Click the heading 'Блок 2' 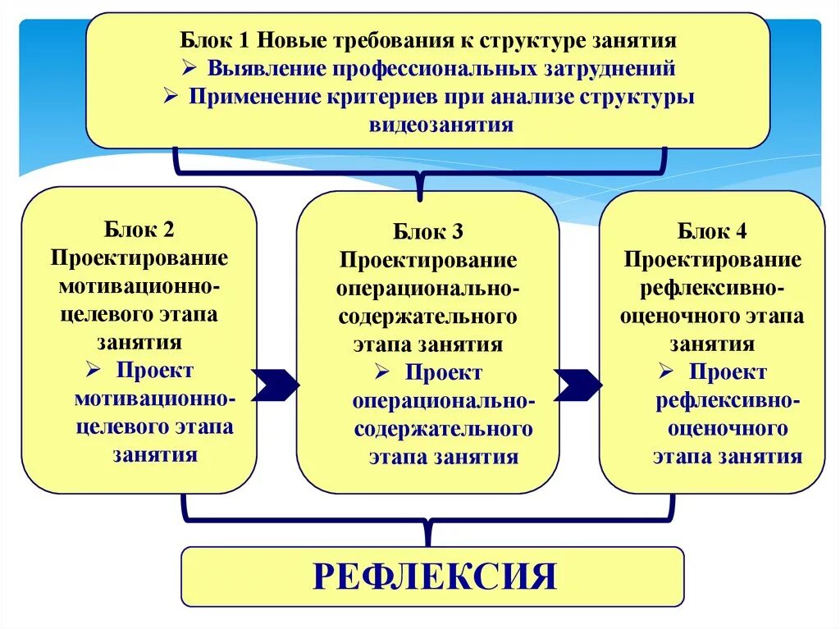(x=139, y=229)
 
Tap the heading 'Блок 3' (x=428, y=232)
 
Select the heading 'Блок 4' (x=712, y=230)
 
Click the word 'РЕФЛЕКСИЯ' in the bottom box (x=435, y=577)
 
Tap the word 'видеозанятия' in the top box (x=441, y=125)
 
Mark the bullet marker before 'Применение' (x=171, y=97)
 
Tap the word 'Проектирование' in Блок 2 (x=139, y=258)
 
